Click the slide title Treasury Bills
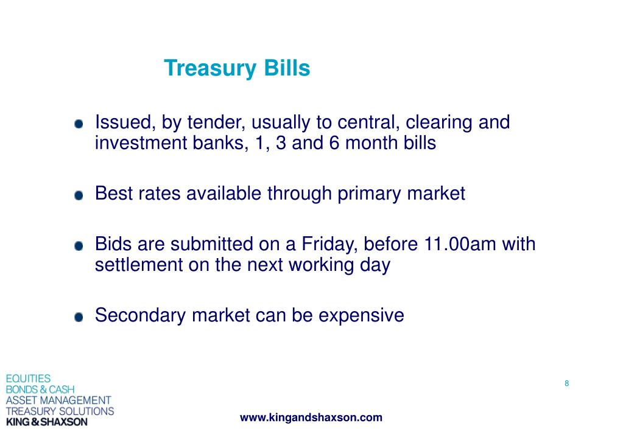point(237,68)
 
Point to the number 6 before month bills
point(334,143)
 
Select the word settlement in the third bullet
point(138,265)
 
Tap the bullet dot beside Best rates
point(79,195)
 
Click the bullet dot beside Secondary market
point(79,317)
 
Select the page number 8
point(566,384)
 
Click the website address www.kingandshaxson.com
point(311,418)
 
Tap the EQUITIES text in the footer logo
point(28,378)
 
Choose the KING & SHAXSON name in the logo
point(46,422)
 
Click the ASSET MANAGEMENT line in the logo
point(58,400)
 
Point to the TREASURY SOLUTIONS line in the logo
point(60,411)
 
